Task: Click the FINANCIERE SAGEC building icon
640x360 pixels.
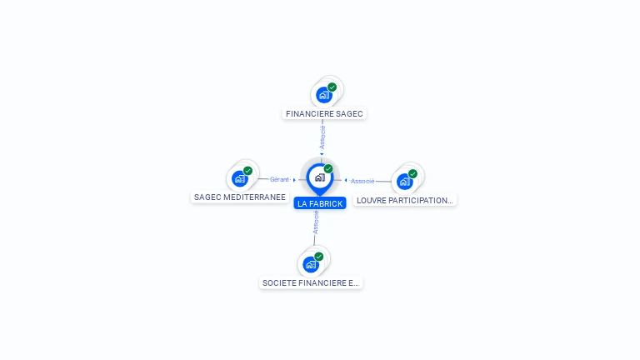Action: coord(324,95)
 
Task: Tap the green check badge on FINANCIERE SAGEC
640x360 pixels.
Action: coord(332,87)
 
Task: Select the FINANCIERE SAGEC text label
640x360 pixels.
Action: coord(325,113)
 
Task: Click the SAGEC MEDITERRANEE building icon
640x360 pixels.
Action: coord(240,178)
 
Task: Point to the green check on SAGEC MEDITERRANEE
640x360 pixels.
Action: coord(247,171)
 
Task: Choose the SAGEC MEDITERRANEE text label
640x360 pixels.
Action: coord(240,197)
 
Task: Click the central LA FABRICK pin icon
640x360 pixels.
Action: coord(319,177)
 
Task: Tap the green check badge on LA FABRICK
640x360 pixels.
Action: coord(328,169)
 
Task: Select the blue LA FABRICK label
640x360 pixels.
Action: coord(320,203)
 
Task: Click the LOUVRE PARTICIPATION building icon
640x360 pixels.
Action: coord(405,181)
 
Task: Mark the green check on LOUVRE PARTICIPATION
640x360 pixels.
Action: coord(412,174)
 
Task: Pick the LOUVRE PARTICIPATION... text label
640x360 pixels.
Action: coord(405,200)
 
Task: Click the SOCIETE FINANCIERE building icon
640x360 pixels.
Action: coord(311,264)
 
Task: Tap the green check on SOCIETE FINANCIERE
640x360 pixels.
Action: coord(318,257)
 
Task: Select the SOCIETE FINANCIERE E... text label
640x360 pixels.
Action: coord(311,283)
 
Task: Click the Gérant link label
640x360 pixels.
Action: coord(279,179)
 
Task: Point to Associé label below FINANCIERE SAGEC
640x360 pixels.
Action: coord(322,137)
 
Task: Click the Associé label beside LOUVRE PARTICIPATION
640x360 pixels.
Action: coord(362,181)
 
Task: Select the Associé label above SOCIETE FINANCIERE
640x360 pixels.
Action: coord(316,222)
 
